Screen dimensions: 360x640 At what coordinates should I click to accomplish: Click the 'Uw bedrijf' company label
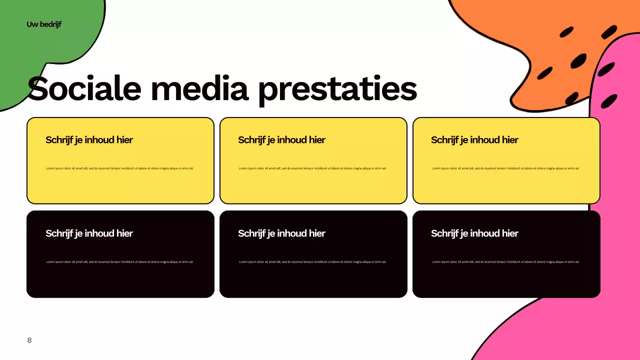(44, 24)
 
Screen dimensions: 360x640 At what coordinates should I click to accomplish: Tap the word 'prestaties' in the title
(337, 89)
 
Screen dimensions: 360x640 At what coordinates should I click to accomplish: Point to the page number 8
(29, 340)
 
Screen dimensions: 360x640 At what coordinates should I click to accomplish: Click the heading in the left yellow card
(89, 140)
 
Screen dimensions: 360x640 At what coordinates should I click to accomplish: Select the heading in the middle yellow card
(281, 140)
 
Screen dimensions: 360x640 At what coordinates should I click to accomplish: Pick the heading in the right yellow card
(474, 140)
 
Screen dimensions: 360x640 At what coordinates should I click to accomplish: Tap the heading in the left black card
(89, 233)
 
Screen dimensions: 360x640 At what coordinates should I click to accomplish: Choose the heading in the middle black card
(281, 233)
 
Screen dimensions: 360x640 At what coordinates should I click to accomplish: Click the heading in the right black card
(474, 233)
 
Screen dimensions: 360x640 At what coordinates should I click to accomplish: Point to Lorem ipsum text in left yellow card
(119, 168)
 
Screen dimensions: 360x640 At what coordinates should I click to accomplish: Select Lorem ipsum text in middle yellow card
(312, 168)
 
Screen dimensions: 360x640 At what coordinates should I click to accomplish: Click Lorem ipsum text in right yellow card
(505, 168)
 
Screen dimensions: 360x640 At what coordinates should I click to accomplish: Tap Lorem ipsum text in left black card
(119, 262)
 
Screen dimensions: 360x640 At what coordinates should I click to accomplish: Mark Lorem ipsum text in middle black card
(312, 262)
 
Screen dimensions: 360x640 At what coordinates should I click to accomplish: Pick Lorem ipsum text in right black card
(505, 262)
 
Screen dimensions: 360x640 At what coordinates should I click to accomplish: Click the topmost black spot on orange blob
(566, 32)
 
